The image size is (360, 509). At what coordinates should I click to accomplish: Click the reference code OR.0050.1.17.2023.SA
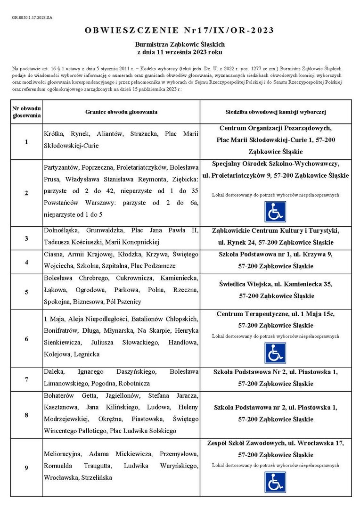32,17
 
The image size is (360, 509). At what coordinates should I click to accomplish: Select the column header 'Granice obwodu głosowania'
121,112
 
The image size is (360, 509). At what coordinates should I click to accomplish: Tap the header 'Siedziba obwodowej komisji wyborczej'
276,112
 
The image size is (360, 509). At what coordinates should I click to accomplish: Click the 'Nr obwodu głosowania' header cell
26,112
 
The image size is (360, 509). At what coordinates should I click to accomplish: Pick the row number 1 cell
26,142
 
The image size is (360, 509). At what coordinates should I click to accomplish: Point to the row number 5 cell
26,292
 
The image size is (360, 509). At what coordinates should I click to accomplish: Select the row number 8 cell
26,415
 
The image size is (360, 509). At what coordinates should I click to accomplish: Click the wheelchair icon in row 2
275,212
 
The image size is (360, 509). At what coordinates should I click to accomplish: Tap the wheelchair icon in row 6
275,353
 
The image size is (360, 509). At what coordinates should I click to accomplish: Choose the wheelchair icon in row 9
275,482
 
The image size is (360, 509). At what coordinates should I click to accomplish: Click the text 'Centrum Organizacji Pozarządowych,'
276,128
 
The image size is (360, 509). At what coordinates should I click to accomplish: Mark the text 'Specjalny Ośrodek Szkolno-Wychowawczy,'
276,164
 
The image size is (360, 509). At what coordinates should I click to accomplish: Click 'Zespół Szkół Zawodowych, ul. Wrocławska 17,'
276,443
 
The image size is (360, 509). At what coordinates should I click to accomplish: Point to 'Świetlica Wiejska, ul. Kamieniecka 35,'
276,284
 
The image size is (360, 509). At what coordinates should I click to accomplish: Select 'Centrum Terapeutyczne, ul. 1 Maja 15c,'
276,314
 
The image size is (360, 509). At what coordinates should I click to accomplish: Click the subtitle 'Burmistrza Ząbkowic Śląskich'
180,44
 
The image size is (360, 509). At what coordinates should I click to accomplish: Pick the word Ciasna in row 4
53,254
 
